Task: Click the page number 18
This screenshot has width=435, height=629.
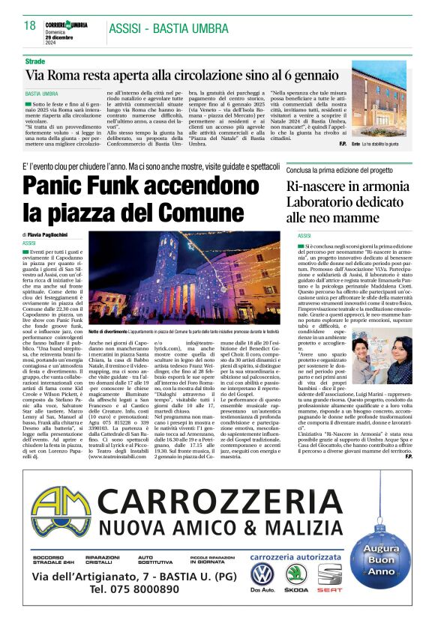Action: coord(30,25)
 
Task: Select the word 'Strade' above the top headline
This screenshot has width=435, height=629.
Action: coord(35,59)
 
